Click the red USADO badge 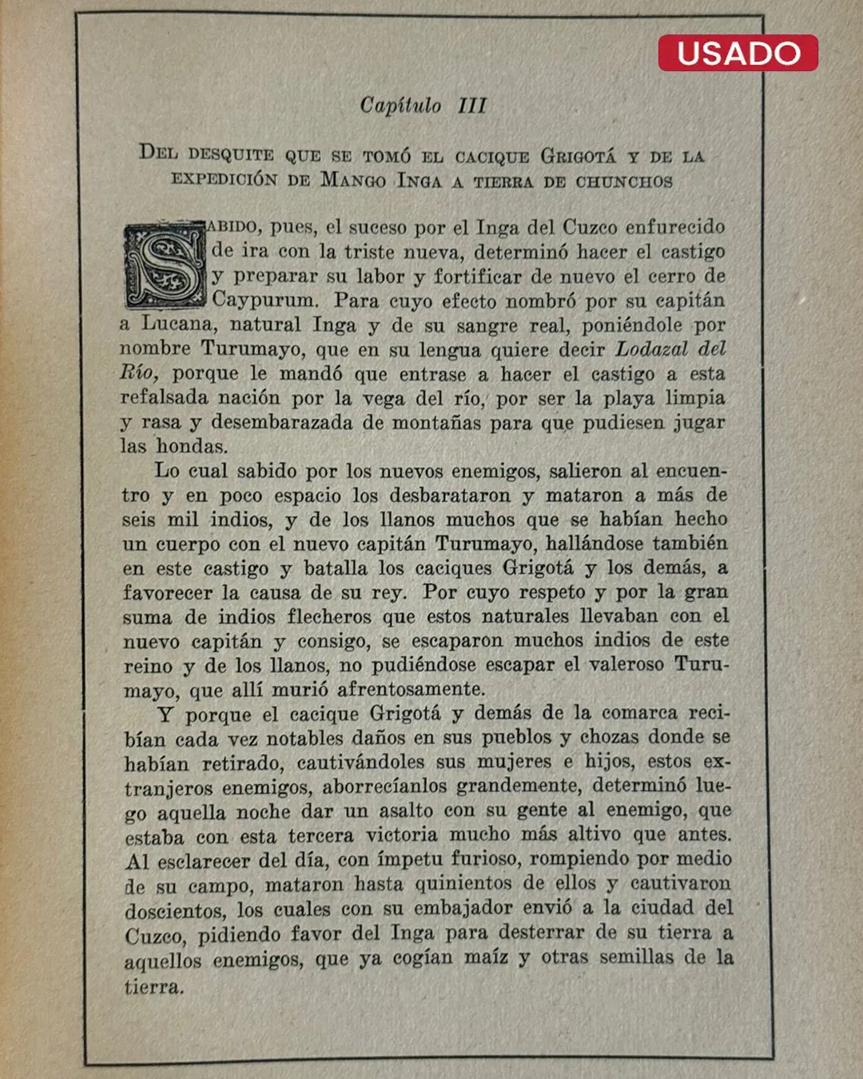pos(738,53)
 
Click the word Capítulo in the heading pos(400,106)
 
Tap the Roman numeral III pos(472,106)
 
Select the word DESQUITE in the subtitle pos(231,154)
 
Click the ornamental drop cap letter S pos(165,266)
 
